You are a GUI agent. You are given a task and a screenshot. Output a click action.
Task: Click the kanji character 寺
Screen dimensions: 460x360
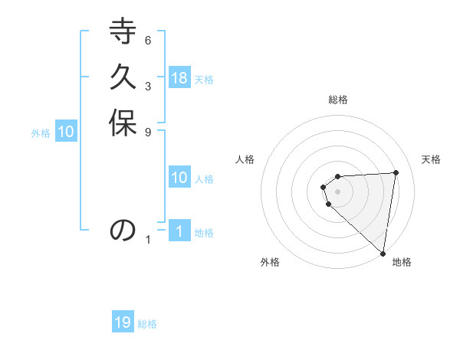click(123, 35)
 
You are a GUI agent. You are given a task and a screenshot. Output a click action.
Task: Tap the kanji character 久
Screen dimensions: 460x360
click(123, 80)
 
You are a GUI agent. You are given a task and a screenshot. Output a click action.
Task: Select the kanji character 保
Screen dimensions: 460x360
click(123, 125)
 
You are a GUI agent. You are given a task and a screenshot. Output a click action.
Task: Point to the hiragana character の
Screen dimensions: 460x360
click(123, 230)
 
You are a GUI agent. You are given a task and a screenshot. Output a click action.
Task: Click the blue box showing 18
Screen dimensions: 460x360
click(179, 77)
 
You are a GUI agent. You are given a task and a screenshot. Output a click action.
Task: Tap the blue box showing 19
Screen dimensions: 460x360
click(123, 322)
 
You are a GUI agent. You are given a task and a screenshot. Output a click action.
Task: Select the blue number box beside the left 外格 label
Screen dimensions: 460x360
click(66, 131)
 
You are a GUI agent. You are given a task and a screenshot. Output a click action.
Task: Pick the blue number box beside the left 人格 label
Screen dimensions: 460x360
click(179, 178)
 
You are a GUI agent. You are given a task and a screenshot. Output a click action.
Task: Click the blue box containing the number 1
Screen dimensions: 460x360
click(179, 231)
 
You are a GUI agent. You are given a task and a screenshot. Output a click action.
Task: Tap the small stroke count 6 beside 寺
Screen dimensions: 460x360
click(148, 40)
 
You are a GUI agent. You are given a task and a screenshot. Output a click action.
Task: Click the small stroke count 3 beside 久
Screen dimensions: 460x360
click(148, 86)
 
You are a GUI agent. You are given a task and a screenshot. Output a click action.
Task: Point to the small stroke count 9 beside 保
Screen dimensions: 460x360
click(148, 131)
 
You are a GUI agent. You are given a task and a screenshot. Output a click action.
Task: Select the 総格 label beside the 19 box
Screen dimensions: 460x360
click(147, 324)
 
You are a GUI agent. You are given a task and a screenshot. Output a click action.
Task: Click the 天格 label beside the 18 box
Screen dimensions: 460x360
click(204, 79)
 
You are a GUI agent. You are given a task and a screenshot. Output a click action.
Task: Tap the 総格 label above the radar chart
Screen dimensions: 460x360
click(337, 100)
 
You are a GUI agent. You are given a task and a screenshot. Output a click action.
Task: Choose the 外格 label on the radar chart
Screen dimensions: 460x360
click(270, 262)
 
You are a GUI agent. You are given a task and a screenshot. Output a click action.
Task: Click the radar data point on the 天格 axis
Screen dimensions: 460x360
click(396, 172)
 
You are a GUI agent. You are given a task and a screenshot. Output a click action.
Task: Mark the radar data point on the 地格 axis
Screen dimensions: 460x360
click(383, 252)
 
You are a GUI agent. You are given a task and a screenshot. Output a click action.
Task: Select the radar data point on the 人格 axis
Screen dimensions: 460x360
click(324, 187)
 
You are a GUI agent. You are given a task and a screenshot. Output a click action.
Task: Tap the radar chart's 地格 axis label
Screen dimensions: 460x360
click(402, 262)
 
